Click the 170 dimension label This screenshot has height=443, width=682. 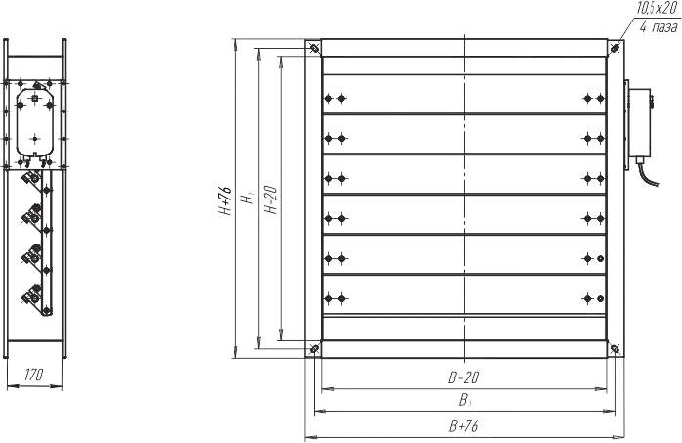33,375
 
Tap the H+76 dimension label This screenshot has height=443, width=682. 225,199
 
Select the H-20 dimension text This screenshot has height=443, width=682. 271,199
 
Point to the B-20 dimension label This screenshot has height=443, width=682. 464,377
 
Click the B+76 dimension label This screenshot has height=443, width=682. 464,426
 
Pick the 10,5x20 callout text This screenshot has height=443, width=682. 657,9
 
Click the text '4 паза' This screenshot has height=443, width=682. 659,27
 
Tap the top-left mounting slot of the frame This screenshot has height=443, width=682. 313,48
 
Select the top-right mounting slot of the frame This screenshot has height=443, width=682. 615,48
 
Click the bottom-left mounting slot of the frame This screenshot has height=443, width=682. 313,348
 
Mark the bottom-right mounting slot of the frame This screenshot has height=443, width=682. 615,348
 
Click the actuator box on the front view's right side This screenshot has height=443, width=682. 639,122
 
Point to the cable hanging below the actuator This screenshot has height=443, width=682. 647,173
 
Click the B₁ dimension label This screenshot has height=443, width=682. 464,400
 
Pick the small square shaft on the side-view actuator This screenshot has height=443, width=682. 35,99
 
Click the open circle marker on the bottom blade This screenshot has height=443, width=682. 600,298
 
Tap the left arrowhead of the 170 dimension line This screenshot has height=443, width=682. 11,385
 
